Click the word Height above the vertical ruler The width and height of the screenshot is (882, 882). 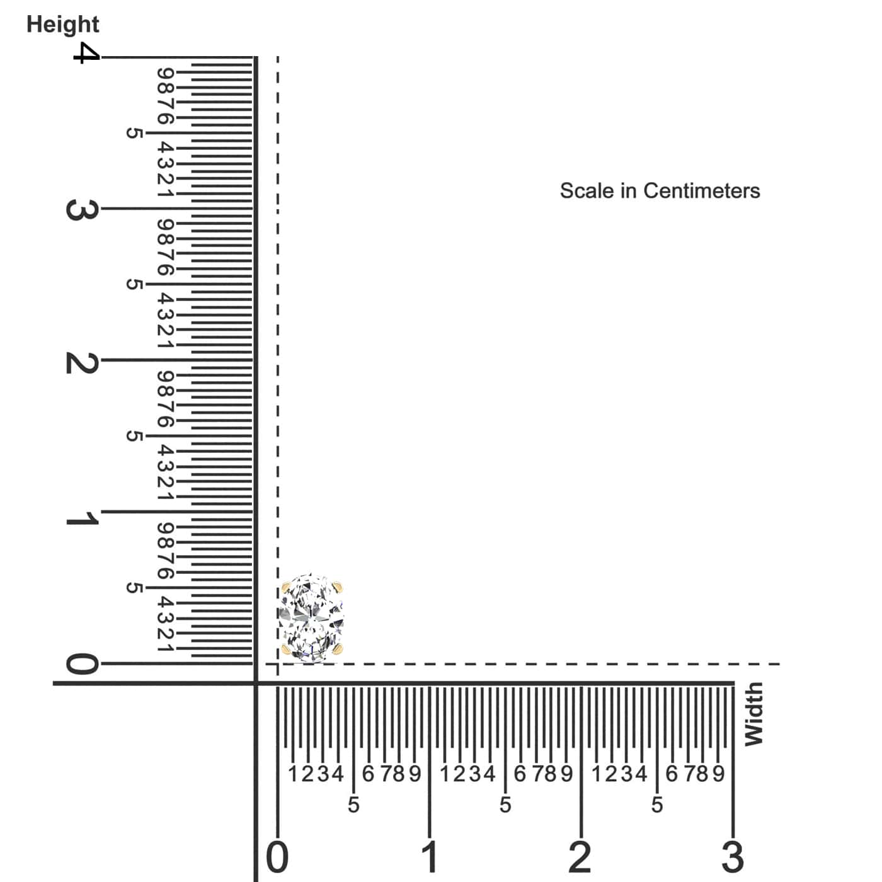click(63, 25)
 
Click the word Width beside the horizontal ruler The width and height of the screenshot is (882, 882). click(754, 714)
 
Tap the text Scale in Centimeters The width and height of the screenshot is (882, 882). click(660, 191)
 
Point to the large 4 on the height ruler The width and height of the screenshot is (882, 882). click(86, 53)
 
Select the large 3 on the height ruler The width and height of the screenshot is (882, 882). click(82, 210)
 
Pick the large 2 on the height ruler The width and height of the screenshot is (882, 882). click(82, 363)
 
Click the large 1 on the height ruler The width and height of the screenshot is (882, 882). click(82, 518)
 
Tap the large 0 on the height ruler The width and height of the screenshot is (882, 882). click(82, 663)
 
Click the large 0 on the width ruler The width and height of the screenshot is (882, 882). click(277, 857)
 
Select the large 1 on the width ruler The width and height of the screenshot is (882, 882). click(429, 857)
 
